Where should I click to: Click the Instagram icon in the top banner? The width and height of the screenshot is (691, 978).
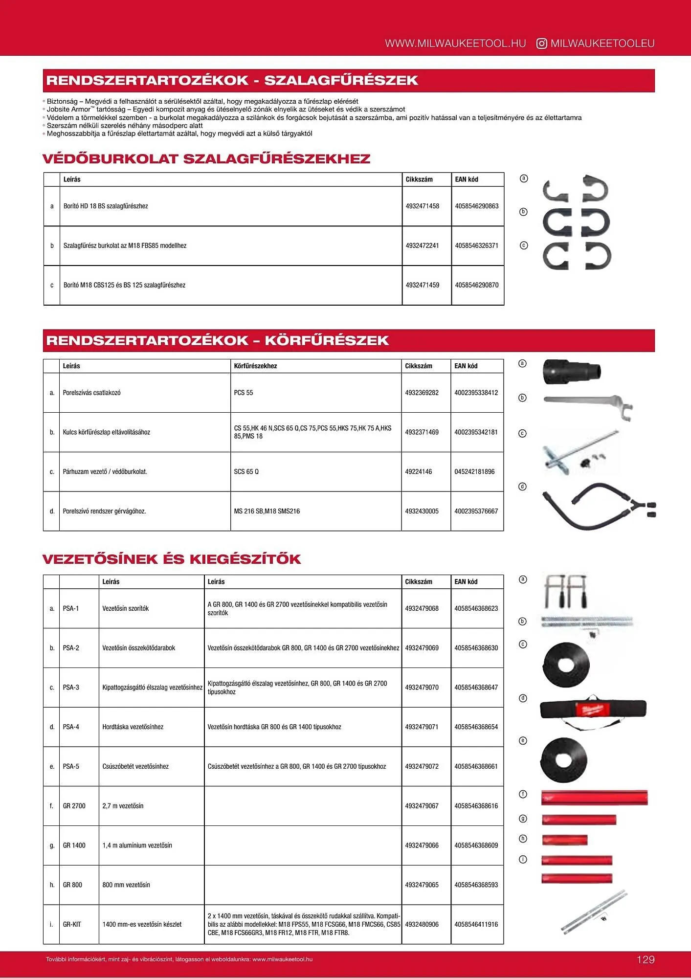tap(541, 44)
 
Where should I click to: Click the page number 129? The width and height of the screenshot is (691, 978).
tap(646, 959)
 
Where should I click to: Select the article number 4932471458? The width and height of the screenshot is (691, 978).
tap(422, 206)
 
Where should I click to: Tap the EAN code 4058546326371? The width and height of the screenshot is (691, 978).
tap(476, 245)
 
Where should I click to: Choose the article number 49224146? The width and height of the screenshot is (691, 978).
tap(418, 472)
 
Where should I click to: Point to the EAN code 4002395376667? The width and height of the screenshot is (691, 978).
tap(476, 511)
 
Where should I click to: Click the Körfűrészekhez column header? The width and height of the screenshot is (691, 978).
tap(255, 366)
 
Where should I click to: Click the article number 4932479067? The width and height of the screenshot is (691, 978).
tap(422, 806)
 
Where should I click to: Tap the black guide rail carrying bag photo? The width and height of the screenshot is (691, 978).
tap(593, 710)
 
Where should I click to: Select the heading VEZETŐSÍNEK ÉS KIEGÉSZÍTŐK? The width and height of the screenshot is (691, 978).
tap(172, 559)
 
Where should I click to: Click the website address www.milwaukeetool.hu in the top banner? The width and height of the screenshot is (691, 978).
tap(455, 44)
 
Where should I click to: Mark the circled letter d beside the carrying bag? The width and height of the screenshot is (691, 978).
tap(523, 698)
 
